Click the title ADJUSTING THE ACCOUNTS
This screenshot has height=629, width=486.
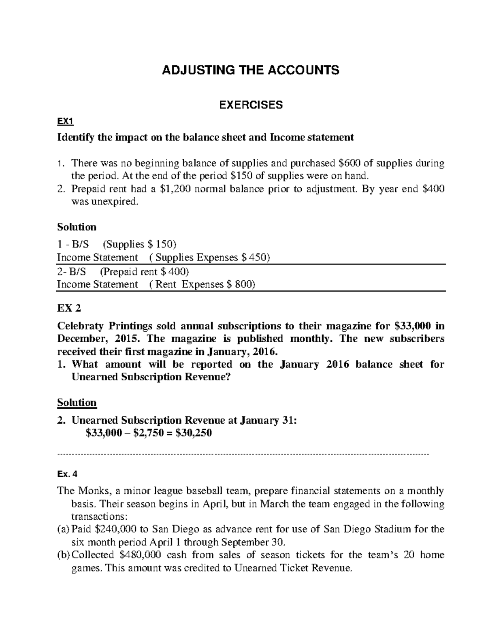pos(250,70)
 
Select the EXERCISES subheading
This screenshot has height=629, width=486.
pos(251,105)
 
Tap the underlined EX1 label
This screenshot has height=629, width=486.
pos(65,122)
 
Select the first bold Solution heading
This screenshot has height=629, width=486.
pos(77,227)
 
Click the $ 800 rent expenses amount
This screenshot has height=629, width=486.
pos(241,284)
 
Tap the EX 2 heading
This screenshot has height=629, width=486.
pos(69,308)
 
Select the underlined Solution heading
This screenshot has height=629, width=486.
pos(77,403)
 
